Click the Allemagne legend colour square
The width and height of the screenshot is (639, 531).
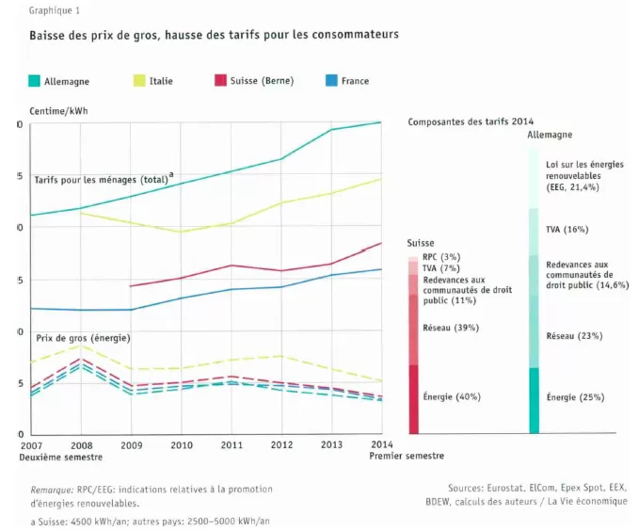(34, 81)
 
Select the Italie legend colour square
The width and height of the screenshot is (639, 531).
(139, 80)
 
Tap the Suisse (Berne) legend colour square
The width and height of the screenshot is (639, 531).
(220, 80)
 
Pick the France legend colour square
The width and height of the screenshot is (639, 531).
(331, 80)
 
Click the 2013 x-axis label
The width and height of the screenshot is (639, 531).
(331, 444)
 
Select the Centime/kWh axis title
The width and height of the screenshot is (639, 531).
(58, 111)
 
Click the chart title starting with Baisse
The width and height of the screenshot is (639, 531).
(214, 35)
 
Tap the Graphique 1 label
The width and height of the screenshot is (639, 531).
(55, 10)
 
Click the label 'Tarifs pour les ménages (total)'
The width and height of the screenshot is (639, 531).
(101, 180)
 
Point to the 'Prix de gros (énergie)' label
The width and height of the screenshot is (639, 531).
(83, 338)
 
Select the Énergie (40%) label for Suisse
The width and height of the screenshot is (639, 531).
(452, 396)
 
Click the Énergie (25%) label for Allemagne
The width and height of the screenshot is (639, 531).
(575, 397)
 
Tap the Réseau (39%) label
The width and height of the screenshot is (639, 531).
(451, 328)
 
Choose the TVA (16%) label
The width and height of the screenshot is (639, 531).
(567, 229)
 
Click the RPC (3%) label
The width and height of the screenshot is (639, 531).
(441, 257)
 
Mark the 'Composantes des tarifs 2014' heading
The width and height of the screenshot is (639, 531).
(471, 121)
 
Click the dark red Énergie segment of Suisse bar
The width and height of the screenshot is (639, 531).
(414, 399)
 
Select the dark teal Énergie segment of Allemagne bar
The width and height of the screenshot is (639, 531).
(534, 400)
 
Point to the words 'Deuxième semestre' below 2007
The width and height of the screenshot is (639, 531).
(61, 458)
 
